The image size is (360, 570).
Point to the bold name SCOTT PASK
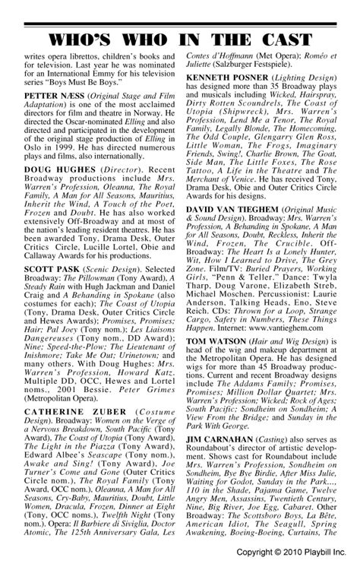[49, 290]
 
